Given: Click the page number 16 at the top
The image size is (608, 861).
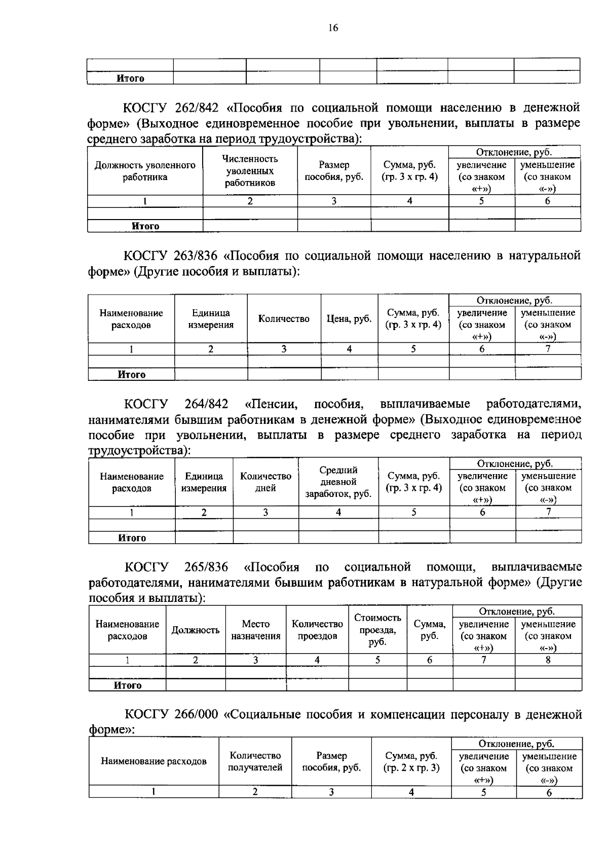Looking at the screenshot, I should (x=333, y=28).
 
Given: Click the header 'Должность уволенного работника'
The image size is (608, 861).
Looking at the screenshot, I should (x=145, y=171).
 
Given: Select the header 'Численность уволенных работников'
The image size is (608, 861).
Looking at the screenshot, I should (x=250, y=171).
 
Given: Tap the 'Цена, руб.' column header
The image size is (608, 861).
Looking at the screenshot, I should (x=349, y=319).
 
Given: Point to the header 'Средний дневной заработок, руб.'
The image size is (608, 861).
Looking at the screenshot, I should (x=338, y=482).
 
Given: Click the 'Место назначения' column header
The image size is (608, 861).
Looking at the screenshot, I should (x=255, y=630).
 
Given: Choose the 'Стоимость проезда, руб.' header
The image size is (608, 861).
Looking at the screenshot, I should (x=377, y=630).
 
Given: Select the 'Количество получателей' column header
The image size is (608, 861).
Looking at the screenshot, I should (x=255, y=762).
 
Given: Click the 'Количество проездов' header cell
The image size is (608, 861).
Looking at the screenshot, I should (x=317, y=630).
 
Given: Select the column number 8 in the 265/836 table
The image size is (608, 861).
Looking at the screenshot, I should (x=548, y=660).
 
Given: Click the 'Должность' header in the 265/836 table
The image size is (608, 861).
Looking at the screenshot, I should (x=195, y=630).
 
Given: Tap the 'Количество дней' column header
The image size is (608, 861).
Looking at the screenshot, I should (x=265, y=482).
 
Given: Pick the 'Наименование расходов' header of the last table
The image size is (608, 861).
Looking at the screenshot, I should (x=154, y=761).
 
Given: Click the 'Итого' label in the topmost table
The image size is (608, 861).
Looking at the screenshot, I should (x=130, y=78).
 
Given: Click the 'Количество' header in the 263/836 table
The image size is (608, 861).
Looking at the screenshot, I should (x=284, y=319).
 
